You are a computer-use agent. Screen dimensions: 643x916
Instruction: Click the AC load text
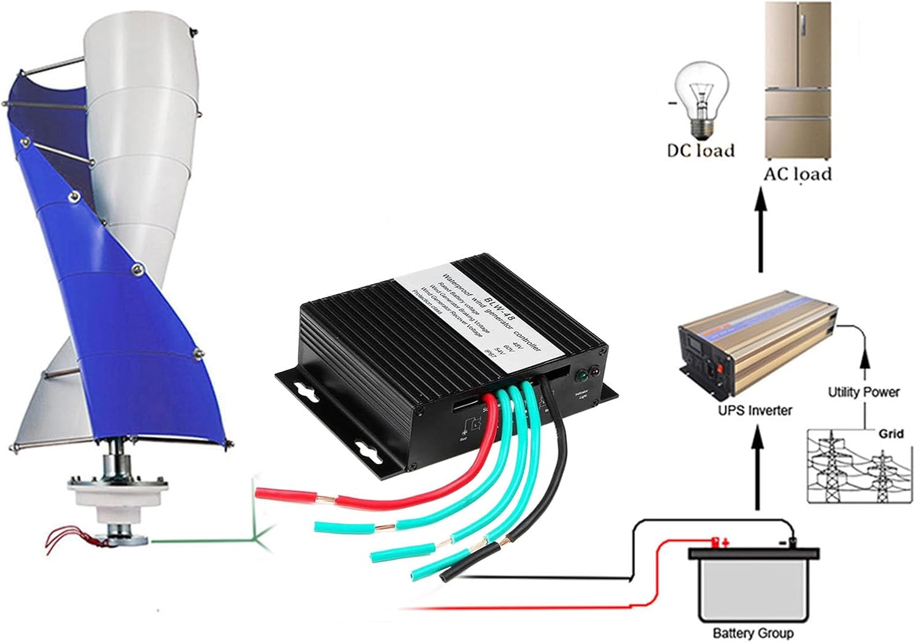[798, 174]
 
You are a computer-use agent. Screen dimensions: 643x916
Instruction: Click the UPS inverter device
[757, 355]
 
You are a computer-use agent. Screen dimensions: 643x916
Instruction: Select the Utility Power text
[863, 392]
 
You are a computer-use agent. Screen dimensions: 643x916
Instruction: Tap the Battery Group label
[753, 633]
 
